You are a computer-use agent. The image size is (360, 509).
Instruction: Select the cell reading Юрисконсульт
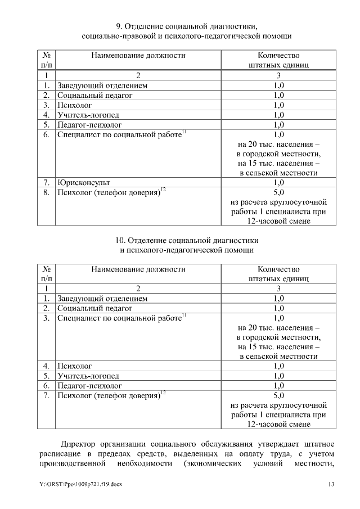84,183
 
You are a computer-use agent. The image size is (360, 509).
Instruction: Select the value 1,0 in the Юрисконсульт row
278,183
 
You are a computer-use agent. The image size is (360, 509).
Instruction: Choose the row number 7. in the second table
47,396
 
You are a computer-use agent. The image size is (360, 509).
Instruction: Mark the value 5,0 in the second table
278,396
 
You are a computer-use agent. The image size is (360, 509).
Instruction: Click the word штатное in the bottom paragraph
321,443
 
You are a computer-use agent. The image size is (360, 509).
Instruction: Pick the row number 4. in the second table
47,366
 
